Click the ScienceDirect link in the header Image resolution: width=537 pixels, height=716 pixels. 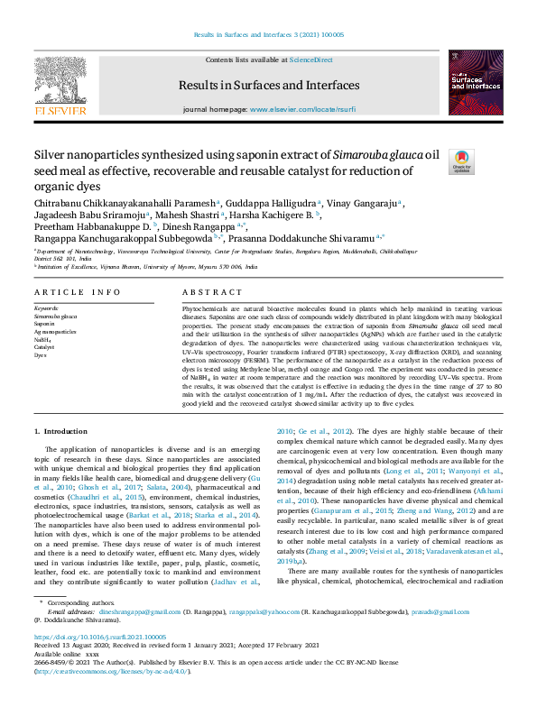pos(310,60)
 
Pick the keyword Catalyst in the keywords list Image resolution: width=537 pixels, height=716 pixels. pos(45,346)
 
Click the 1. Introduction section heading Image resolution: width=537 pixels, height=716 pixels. pos(66,432)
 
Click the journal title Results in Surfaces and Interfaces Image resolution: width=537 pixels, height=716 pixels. pos(269,86)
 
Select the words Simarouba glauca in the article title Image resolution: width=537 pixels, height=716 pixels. pos(377,154)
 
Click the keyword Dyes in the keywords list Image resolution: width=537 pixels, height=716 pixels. pos(41,353)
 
